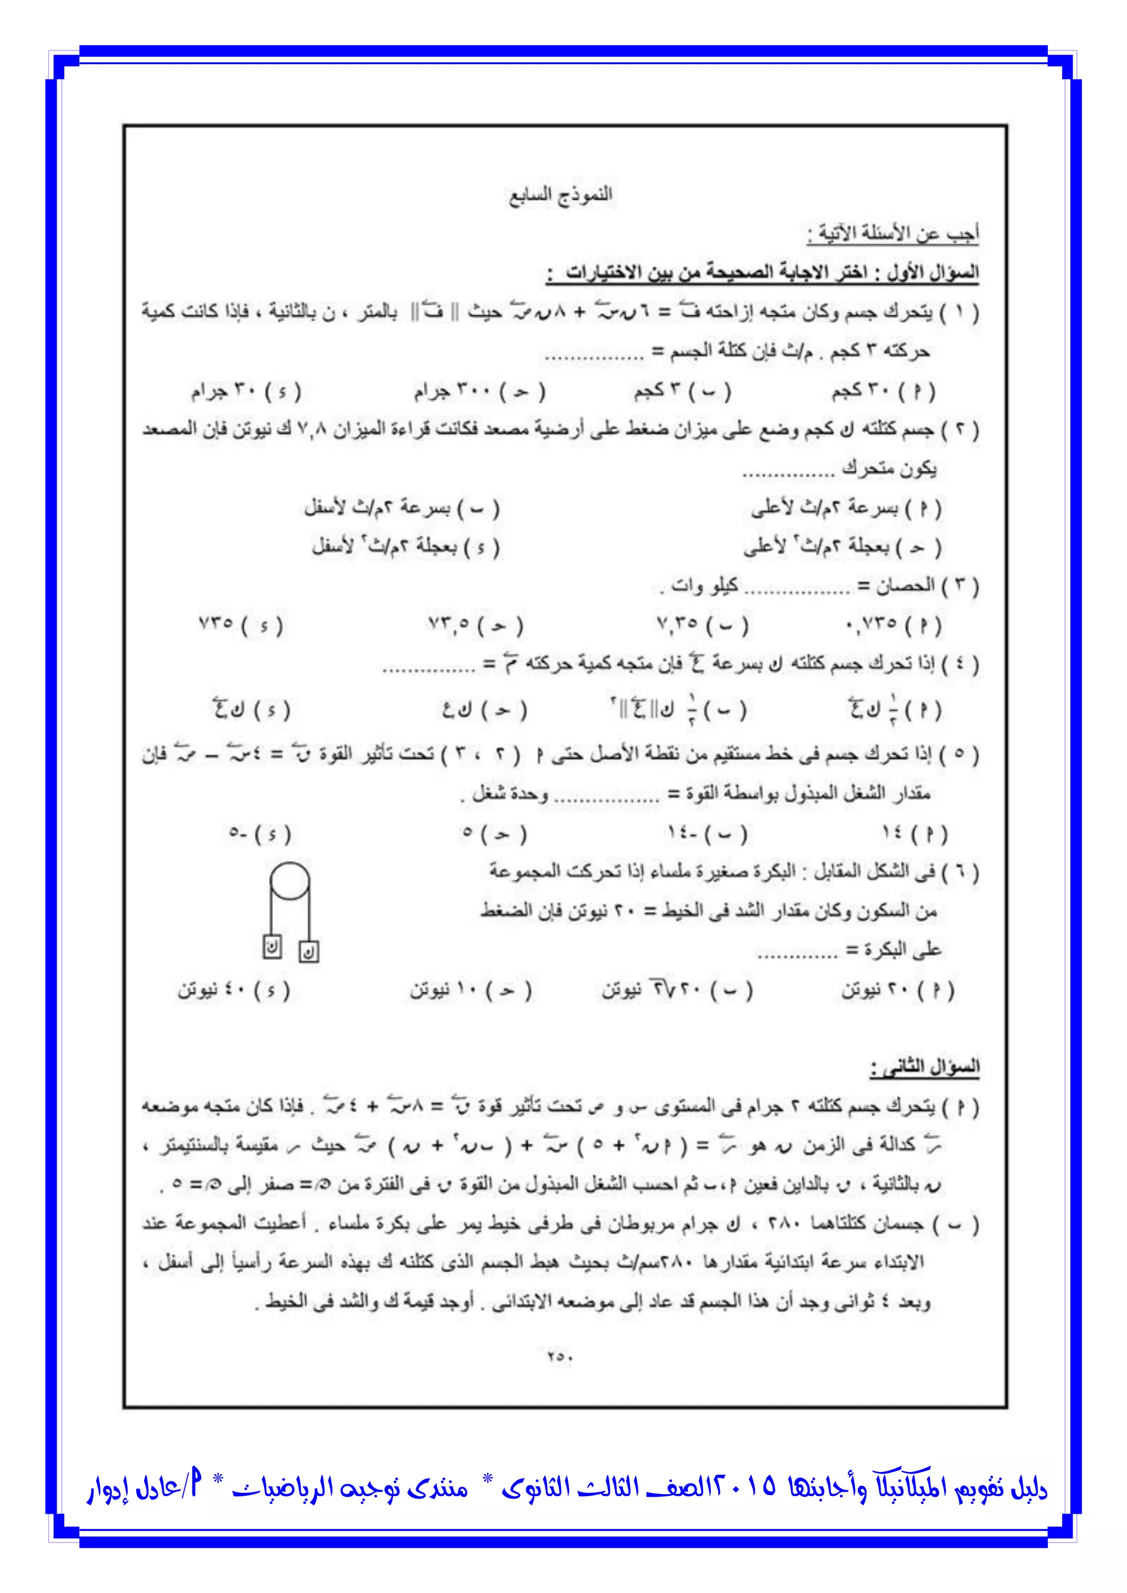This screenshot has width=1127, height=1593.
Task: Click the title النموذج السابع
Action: (x=561, y=195)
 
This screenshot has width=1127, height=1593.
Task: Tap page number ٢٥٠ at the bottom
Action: (x=559, y=1354)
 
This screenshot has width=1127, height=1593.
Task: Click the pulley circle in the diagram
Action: (x=290, y=882)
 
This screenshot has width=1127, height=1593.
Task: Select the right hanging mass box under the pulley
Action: (x=309, y=951)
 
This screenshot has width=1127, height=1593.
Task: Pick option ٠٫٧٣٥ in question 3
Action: (x=893, y=624)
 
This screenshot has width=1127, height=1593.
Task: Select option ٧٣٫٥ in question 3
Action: (x=475, y=624)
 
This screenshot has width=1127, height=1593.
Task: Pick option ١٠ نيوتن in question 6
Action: (x=471, y=990)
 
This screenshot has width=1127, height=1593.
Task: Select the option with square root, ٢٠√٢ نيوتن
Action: (x=677, y=990)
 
